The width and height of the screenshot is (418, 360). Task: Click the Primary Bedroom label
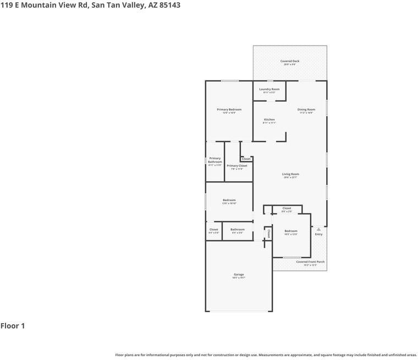229,109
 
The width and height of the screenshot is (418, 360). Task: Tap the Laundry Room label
269,89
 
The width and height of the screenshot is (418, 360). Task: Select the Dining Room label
306,109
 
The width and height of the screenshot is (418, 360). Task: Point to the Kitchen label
269,119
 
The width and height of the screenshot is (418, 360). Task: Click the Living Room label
290,174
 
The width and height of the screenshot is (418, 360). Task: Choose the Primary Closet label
237,165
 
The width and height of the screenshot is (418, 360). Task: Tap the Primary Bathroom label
215,160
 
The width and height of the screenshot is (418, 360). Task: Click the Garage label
239,274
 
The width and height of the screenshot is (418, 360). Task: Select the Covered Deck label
290,61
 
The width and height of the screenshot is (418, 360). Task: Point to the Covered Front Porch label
310,262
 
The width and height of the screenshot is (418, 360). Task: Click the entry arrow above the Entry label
318,228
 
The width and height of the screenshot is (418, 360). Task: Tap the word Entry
318,234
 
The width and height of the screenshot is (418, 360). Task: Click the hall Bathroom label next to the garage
238,229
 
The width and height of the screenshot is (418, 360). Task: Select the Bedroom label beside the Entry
290,231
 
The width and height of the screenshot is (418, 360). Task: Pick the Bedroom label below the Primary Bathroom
229,200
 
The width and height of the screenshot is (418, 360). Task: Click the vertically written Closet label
268,234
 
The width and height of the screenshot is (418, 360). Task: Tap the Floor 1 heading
13,326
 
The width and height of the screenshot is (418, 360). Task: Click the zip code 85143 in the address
168,5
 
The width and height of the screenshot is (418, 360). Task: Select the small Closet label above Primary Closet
246,159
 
